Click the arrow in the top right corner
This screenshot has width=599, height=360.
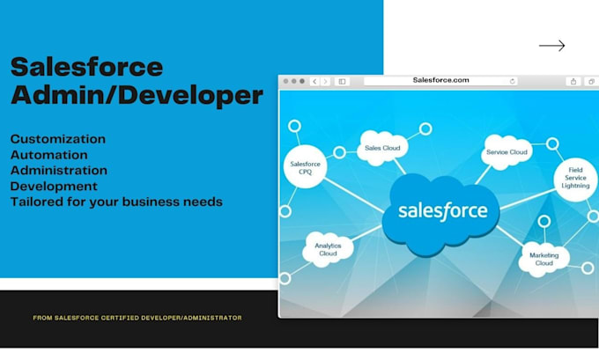551,46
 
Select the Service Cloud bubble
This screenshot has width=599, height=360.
507,152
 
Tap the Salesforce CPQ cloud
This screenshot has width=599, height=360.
304,166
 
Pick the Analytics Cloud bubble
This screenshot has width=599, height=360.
327,248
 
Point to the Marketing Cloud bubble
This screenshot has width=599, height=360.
544,259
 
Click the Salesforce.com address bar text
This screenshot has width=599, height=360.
440,80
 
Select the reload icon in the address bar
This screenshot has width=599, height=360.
513,81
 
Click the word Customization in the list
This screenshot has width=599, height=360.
58,139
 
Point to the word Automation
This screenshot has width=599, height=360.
49,155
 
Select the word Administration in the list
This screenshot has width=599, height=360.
59,171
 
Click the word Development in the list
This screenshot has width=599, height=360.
54,187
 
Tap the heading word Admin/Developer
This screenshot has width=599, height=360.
137,95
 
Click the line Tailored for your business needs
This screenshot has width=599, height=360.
116,202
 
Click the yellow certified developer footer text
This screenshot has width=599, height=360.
137,318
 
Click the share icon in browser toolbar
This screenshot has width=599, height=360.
573,81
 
